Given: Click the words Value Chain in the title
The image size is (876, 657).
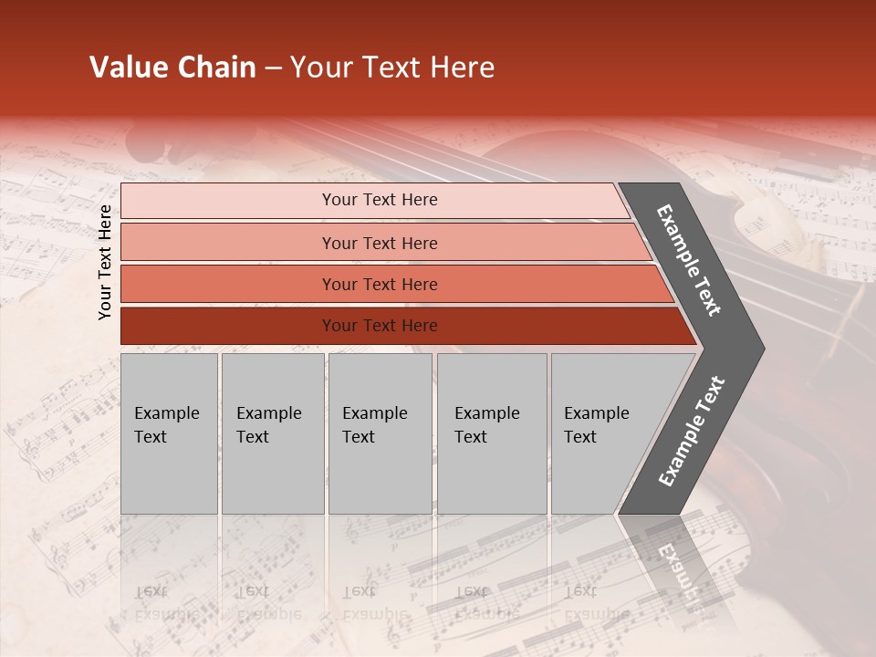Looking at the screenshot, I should coord(172,68).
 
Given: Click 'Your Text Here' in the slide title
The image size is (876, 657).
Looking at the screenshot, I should coord(392,68).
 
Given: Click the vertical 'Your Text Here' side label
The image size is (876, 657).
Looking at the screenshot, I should coord(105,262).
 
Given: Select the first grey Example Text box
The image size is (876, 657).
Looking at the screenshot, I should coord(169,433).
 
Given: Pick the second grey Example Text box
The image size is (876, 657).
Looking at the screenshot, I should coord(272,433).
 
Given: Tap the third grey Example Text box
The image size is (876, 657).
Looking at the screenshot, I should coord(380,433).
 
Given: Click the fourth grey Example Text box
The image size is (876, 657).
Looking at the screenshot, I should coord(492,433).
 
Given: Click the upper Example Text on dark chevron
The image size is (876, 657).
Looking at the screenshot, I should coord(689,260).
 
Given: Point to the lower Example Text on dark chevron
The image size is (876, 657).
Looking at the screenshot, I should coord(692,432).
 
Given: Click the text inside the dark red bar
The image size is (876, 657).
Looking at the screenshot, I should coord(380,326).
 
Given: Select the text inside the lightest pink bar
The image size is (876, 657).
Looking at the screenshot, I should coord(380,200).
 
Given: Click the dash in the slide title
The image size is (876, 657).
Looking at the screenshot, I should coord(273,68).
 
